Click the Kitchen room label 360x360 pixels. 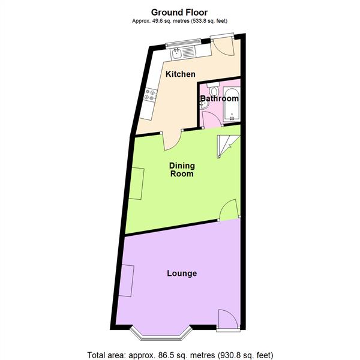coord(181,74)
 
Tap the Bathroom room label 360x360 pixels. coord(220,98)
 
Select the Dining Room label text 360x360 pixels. coord(181,170)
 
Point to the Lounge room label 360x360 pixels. coord(182,274)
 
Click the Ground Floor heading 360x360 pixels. coord(180,12)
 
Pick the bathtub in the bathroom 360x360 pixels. coord(230,103)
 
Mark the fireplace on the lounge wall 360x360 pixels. coord(127,280)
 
